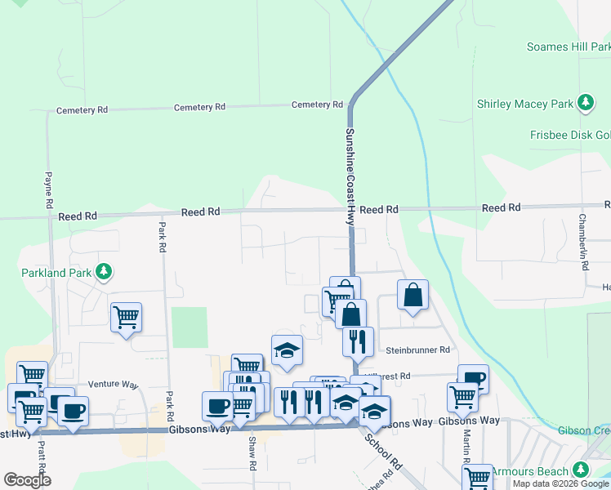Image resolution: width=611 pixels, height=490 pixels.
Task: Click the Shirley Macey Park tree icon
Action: pos(585,104)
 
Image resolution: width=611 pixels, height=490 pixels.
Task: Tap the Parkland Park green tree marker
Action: pos(103,270)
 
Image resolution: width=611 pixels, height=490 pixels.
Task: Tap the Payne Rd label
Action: pos(49,188)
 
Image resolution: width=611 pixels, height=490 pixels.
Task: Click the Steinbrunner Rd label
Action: pos(417,350)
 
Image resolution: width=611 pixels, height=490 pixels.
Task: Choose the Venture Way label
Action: pos(114,384)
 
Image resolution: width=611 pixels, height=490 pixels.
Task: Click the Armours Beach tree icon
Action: pos(581,470)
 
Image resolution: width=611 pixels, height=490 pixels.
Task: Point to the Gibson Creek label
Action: pos(584,430)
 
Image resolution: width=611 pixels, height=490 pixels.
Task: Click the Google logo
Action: pos(27,480)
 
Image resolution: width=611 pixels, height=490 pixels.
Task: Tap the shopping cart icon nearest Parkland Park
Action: pos(126,316)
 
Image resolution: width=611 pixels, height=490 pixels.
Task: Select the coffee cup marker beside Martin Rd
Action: pos(473,379)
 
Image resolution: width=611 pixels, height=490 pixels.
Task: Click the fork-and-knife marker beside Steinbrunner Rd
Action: pos(358,341)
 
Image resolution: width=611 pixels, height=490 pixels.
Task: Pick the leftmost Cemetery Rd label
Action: pos(82,109)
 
